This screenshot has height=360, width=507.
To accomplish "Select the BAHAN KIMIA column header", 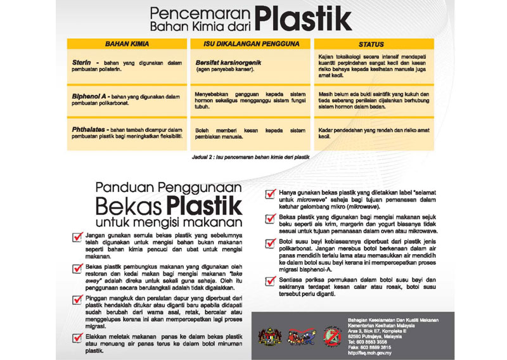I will pos(126,44).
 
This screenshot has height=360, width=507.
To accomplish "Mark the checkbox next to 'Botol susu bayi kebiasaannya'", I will pos(271,244).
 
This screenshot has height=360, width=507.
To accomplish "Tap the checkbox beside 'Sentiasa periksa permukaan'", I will pos(271,281).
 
